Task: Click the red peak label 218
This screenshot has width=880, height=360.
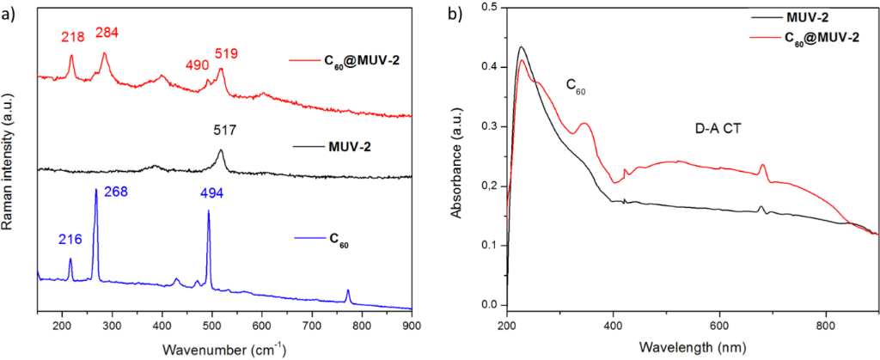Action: point(71,37)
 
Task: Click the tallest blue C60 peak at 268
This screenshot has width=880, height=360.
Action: point(95,190)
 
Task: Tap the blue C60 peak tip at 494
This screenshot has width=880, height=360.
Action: point(209,211)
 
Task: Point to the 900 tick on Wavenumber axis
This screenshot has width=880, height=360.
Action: point(412,326)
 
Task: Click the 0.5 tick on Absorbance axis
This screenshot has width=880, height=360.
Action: point(492,8)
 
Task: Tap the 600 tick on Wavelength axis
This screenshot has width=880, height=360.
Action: point(719,326)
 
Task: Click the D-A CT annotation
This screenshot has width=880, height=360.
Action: point(719,130)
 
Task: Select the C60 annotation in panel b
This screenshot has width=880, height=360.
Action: point(576,85)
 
